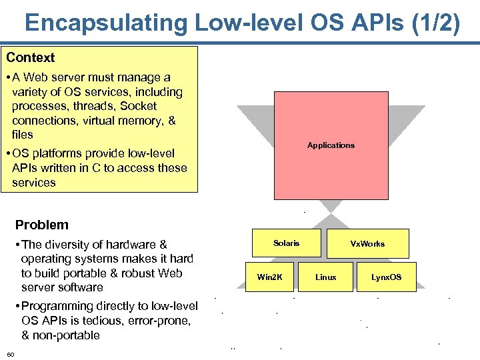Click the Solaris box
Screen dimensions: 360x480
tap(286, 243)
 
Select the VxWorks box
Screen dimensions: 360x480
tap(367, 243)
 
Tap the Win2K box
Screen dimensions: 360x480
tap(269, 277)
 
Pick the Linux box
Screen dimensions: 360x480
tap(325, 277)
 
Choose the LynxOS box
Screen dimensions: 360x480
tap(386, 277)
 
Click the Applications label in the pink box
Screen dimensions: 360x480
tap(331, 145)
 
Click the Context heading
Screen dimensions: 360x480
tap(31, 58)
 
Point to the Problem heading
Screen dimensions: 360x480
tap(41, 225)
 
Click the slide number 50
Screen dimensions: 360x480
tap(11, 353)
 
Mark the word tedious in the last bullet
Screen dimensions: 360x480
tap(110, 321)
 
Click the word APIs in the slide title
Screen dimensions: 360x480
tap(360, 23)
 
